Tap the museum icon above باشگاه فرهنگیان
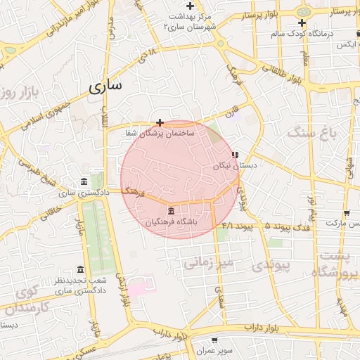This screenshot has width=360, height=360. point(171,211)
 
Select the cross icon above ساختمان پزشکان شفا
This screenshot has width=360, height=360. point(160,122)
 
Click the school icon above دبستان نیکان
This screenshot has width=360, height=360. point(235,154)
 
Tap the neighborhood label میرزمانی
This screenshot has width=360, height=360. point(207,263)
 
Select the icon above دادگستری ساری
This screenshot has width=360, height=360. point(84,181)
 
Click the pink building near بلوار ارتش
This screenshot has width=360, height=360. point(136,287)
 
